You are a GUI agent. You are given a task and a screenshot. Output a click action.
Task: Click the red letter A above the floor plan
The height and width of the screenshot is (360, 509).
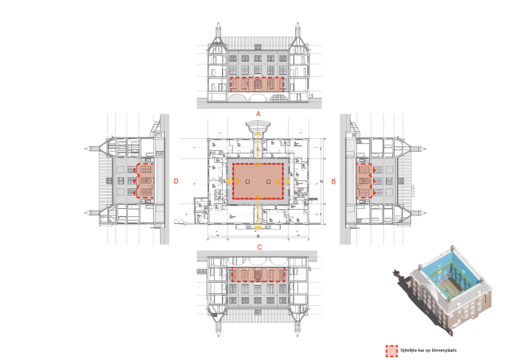click(258, 114)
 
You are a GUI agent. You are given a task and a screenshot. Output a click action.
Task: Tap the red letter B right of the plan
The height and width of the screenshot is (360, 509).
click(333, 182)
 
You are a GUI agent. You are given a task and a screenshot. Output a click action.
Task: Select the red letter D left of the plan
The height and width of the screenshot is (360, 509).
click(176, 182)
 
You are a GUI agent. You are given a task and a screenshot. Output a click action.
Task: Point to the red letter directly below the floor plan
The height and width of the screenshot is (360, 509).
click(259, 247)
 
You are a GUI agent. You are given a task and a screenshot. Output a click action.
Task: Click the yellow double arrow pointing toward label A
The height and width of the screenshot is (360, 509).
click(258, 148)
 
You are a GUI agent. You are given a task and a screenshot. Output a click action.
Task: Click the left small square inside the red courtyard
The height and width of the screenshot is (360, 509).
click(247, 182)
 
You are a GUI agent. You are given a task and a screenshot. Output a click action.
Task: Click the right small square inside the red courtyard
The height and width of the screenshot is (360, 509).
click(268, 182)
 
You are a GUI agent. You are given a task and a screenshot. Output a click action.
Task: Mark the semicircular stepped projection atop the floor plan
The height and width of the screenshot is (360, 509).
click(258, 126)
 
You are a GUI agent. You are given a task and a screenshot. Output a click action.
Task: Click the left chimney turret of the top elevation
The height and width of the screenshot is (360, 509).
click(219, 35)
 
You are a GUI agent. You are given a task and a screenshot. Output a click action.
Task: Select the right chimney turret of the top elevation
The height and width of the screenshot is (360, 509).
click(297, 35)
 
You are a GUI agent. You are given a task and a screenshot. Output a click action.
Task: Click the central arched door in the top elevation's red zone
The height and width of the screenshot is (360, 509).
click(258, 83)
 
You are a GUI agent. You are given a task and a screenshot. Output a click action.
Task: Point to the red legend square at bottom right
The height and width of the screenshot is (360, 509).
click(391, 350)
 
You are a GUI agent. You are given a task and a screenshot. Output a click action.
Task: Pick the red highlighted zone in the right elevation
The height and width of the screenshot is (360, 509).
click(364, 180)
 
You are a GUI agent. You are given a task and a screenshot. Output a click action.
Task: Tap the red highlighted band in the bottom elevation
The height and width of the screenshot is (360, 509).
click(258, 275)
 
